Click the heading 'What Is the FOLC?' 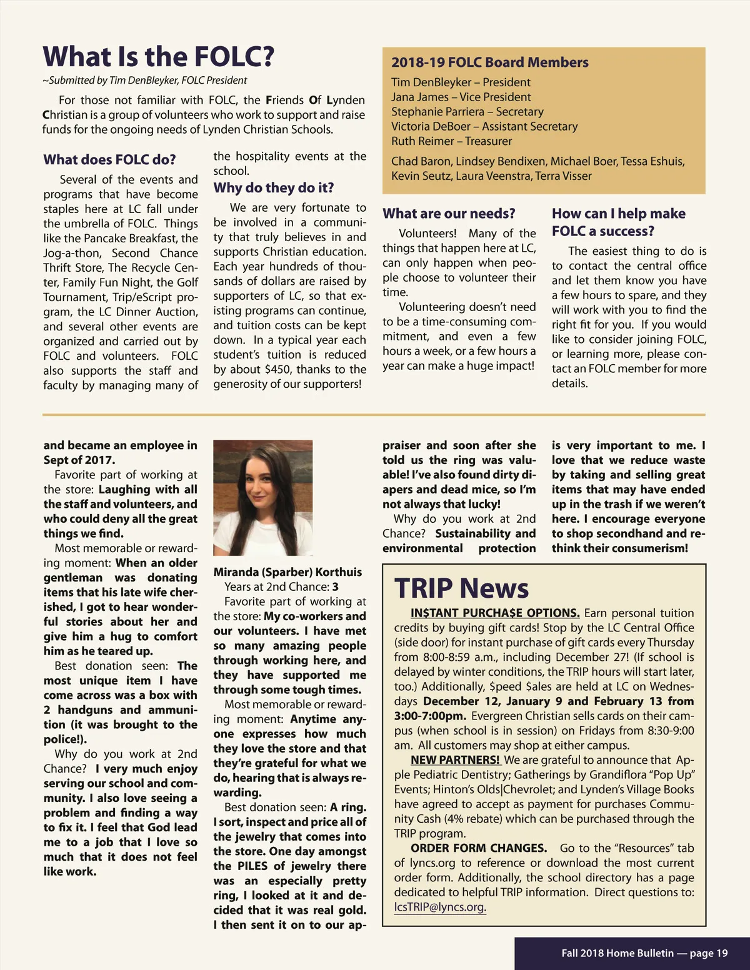158,57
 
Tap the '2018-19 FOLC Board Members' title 489,62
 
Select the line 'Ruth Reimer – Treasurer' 451,141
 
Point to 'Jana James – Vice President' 461,97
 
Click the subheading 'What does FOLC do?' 109,160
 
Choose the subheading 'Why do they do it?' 273,188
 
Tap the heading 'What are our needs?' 449,214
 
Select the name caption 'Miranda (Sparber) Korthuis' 287,572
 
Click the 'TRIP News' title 461,588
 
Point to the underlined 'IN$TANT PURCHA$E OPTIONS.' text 495,613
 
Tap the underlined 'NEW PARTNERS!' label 455,760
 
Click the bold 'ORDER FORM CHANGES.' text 478,848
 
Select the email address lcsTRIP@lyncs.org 440,907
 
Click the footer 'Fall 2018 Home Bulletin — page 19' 644,953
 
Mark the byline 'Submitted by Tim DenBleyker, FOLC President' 145,81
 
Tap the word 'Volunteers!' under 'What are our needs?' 427,234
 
